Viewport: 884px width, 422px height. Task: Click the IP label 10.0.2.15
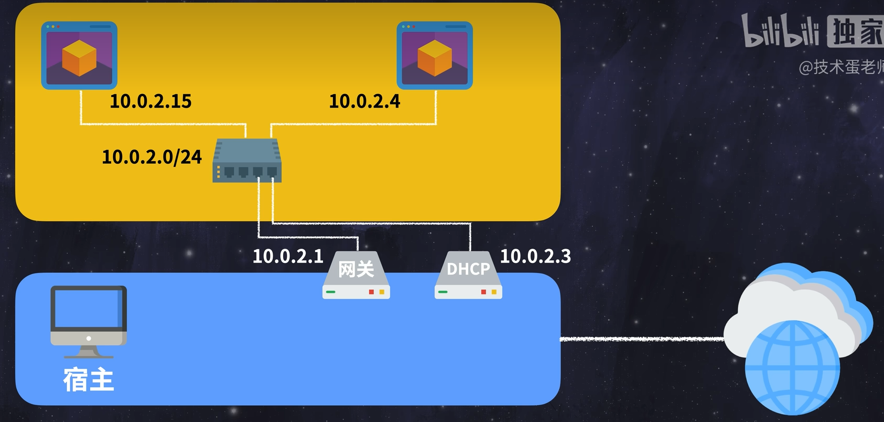150,101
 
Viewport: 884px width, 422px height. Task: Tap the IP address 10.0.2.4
364,101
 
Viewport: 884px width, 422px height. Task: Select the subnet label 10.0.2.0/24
152,156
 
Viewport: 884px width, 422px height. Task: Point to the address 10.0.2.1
288,256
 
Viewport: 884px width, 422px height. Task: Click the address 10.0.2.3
535,256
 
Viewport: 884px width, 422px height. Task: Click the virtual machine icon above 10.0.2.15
79,55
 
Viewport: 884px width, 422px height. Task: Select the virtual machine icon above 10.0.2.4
435,55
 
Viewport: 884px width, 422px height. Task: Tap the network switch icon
247,161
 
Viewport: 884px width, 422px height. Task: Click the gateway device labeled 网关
356,275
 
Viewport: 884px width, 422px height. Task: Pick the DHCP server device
468,275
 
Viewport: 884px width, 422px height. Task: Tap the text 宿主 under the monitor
89,379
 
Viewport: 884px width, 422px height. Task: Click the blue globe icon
792,367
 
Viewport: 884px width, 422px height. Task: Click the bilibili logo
780,32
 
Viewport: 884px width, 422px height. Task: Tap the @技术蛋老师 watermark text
840,67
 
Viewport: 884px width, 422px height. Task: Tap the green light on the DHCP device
443,292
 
